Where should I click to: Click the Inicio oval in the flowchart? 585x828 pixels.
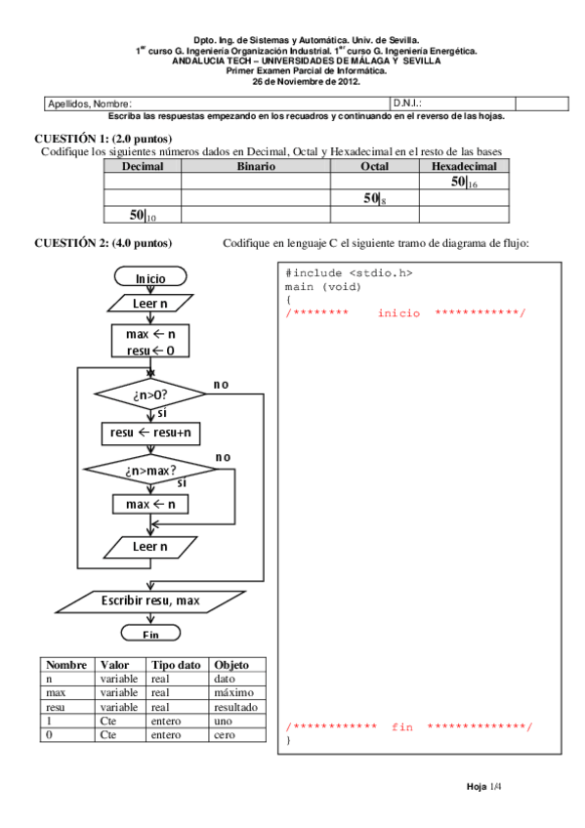150,278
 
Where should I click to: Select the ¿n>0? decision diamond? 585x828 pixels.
149,395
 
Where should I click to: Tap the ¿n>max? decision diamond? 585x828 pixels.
149,472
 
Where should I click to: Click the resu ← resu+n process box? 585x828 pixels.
149,431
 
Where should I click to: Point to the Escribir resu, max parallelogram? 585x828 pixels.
149,600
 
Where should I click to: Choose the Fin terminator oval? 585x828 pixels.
150,634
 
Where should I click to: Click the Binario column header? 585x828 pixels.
255,167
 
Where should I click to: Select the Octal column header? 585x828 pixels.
374,167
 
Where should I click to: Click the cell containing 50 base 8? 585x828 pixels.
374,198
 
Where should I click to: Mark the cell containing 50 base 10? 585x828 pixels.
143,215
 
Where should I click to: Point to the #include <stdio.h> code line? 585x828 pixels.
336,273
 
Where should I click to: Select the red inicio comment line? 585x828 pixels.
405,313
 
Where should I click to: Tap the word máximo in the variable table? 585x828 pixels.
232,692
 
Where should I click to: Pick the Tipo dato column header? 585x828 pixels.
176,665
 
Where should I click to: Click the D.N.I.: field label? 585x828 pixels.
407,103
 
